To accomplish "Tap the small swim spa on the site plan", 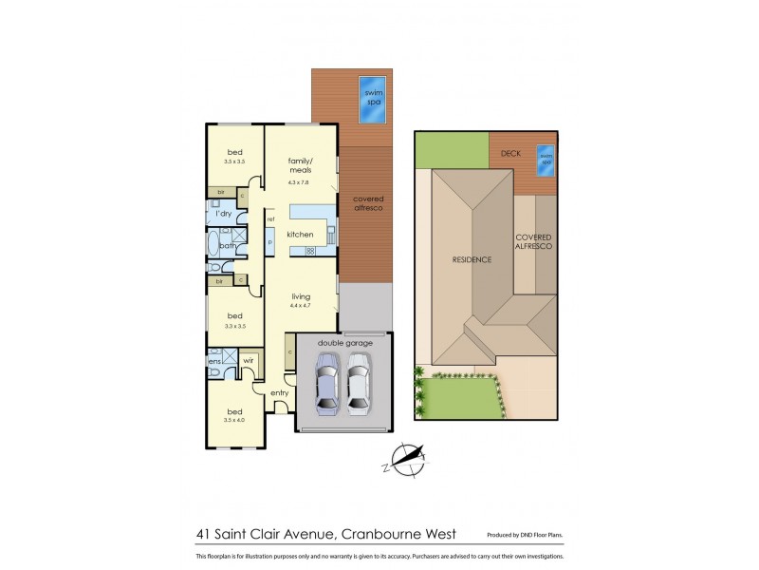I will point(545,160).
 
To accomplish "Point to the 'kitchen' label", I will point(301,234).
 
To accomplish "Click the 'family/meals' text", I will point(301,165).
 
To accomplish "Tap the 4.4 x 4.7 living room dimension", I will point(301,308).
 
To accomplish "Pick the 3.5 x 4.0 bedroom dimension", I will point(233,419).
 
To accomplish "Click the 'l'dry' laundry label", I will point(225,215).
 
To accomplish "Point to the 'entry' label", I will point(280,393).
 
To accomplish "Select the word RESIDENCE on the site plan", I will point(471,258).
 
